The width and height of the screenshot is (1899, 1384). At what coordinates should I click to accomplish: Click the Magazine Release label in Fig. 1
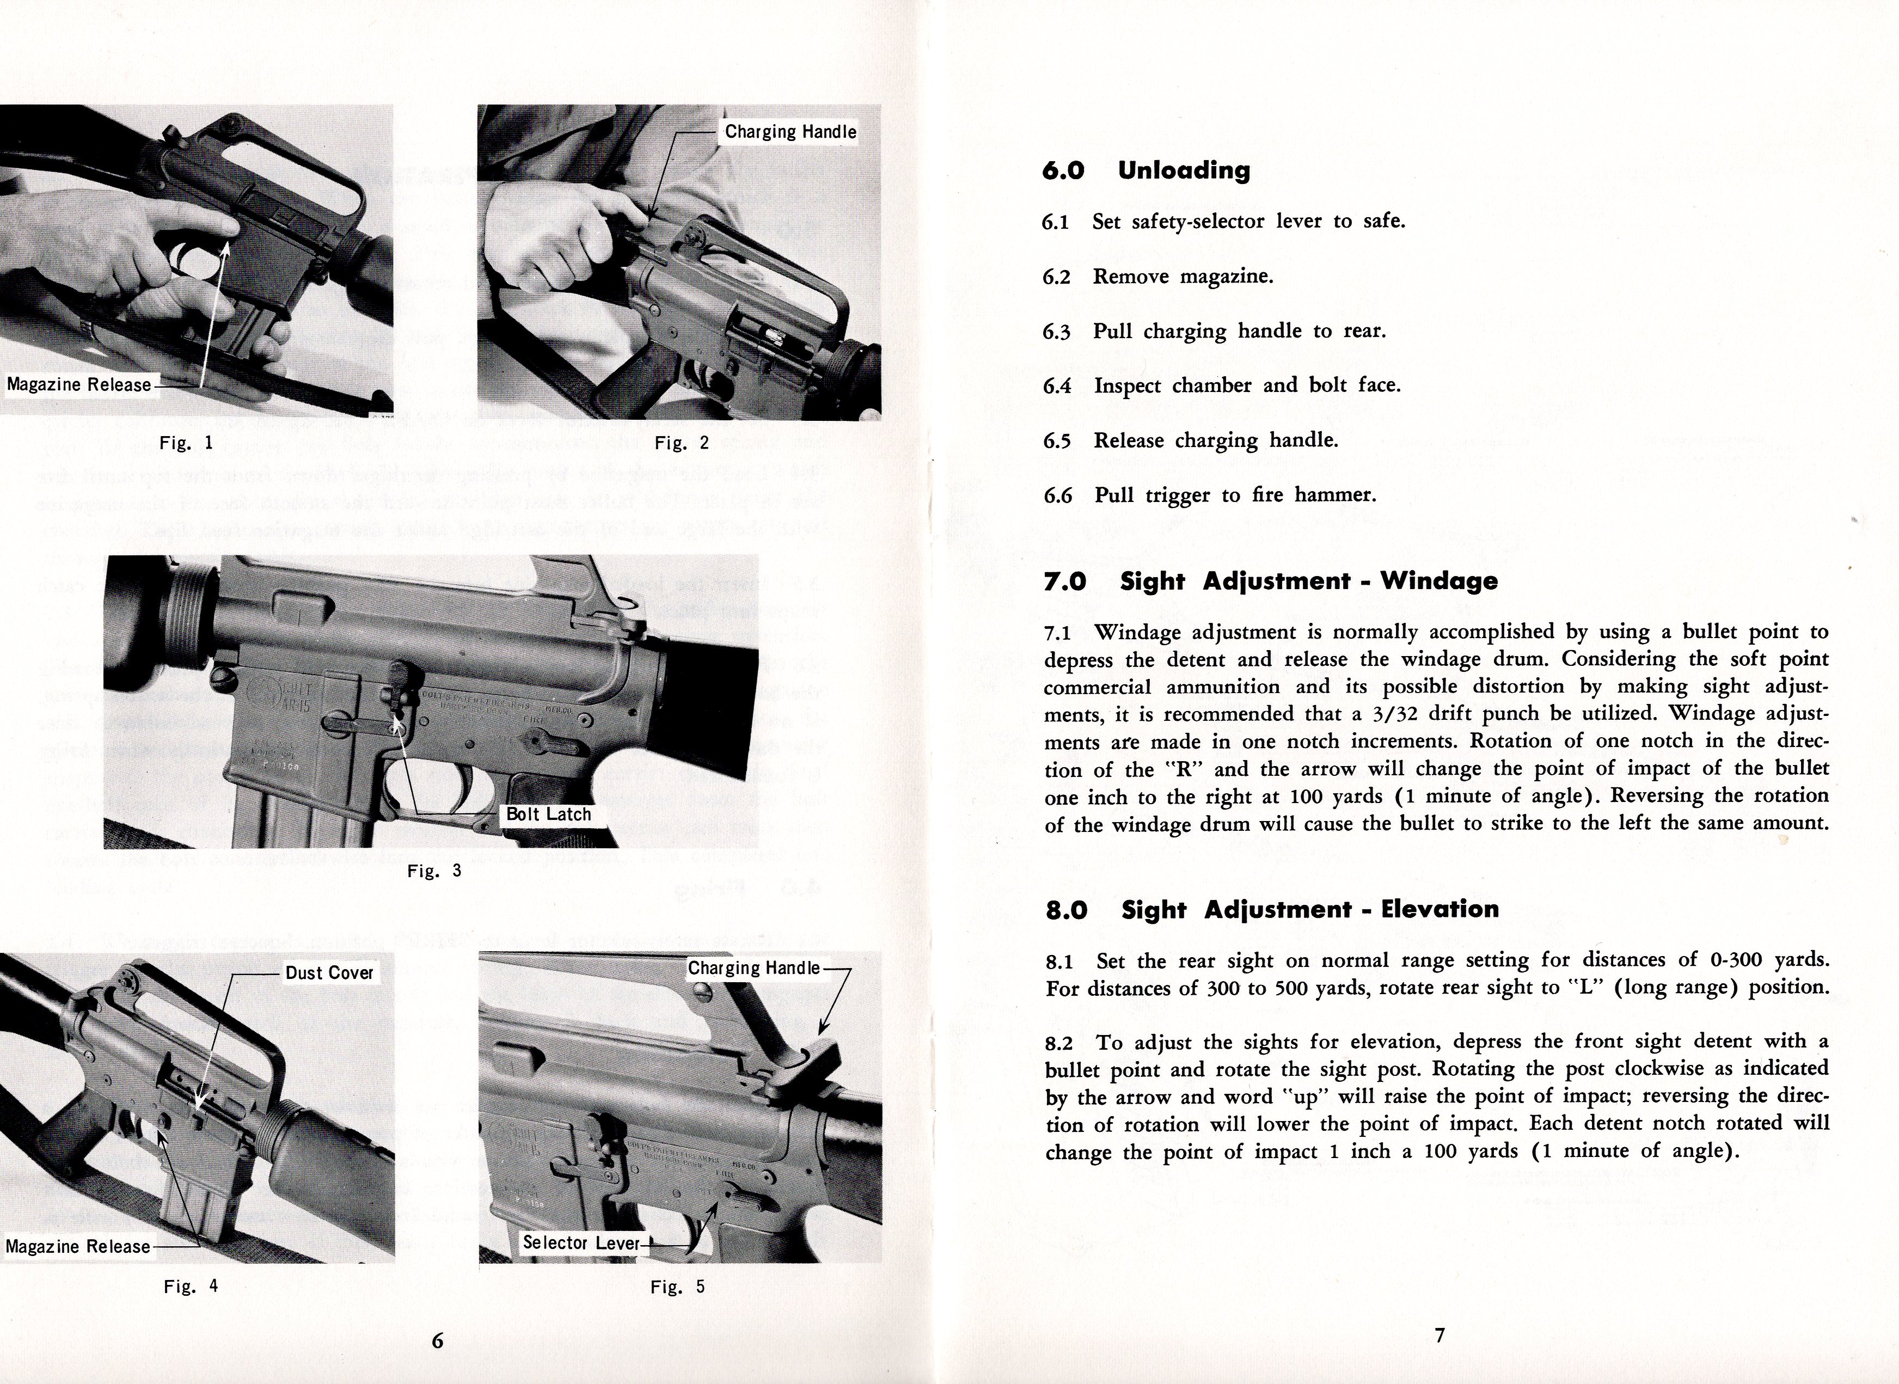coord(79,384)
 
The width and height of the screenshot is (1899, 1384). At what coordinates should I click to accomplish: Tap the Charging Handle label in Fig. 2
coord(791,132)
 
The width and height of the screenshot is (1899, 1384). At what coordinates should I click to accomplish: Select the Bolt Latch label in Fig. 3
coord(549,815)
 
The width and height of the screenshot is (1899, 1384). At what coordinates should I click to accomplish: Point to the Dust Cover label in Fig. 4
coord(329,972)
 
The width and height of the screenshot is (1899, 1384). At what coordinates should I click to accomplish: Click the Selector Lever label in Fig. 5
coord(581,1242)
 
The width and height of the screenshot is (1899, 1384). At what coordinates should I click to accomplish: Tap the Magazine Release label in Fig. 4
coord(78,1247)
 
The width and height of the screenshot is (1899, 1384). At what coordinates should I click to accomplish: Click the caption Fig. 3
coord(434,871)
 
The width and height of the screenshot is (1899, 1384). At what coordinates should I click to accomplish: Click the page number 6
coord(437,1340)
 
